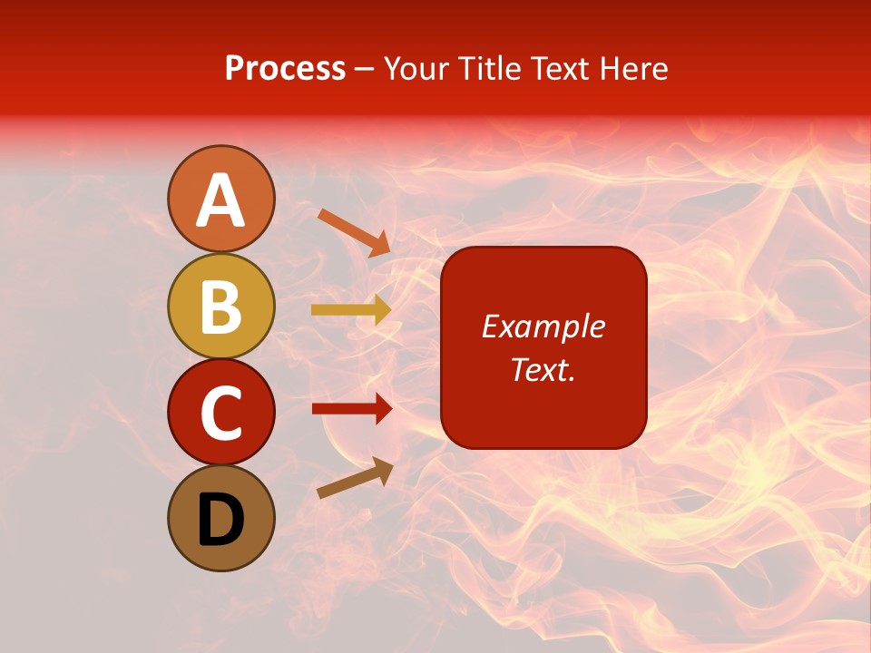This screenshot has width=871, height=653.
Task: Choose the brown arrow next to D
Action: [x=355, y=478]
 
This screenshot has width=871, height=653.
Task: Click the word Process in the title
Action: [x=285, y=68]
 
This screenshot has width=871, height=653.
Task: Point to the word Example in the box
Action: [x=543, y=326]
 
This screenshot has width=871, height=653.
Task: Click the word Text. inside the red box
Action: [x=543, y=369]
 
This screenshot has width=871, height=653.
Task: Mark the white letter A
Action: [x=220, y=200]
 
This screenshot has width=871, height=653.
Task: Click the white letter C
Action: [x=220, y=413]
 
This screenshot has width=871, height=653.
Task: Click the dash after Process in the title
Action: [x=365, y=70]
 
